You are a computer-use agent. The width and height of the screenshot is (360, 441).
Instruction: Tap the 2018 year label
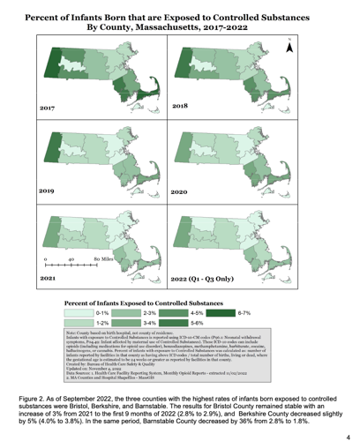(x=181, y=106)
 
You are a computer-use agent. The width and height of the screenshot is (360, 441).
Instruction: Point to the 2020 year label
(x=181, y=191)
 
